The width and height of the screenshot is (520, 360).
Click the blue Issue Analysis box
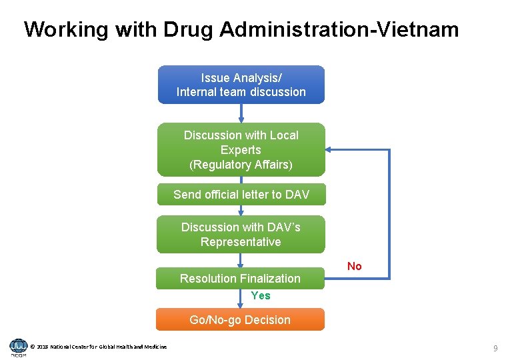241,85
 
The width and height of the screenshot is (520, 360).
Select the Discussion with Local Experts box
241,149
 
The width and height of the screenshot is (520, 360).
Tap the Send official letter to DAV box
241,195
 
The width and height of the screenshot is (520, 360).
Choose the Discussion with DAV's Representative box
241,235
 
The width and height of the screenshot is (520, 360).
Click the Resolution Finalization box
240,279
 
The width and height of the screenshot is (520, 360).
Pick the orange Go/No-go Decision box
240,320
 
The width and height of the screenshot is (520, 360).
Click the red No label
355,267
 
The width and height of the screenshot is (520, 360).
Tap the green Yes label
261,295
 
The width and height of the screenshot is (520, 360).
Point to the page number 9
495,348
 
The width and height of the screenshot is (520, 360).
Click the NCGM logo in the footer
18,347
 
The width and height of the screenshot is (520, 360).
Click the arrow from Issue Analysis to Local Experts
241,113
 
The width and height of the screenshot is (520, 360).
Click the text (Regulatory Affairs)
241,165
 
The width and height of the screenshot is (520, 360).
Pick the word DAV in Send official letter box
297,195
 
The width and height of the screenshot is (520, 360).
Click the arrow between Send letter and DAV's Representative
241,211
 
